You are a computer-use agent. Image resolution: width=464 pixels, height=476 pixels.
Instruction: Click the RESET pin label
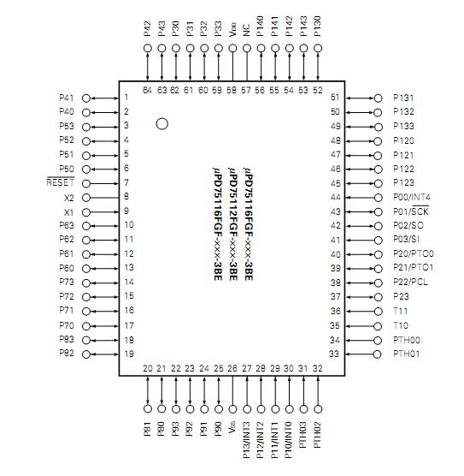point(61,182)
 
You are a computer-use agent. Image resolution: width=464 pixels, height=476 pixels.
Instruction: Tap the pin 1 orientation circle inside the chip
point(162,125)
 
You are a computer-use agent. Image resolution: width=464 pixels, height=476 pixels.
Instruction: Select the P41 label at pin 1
point(67,98)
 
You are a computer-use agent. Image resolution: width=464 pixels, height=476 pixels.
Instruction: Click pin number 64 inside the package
point(148,89)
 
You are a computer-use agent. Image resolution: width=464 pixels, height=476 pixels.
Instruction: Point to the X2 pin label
point(69,197)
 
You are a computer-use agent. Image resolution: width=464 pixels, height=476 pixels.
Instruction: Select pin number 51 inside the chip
point(335,98)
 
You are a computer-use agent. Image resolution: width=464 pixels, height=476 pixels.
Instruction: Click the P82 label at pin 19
point(67,354)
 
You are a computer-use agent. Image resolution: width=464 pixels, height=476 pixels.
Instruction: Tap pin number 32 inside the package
point(318,368)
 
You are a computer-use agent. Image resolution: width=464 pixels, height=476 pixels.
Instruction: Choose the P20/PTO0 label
point(414,254)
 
